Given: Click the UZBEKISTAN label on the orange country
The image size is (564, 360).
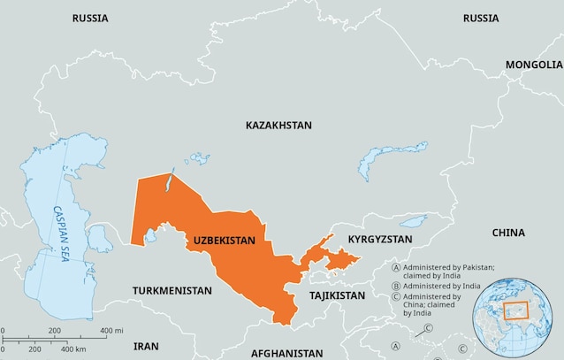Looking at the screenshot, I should click(x=224, y=240).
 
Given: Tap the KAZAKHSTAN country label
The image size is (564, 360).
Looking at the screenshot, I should click(x=278, y=126).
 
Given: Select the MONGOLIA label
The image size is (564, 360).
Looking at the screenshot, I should click(x=533, y=65).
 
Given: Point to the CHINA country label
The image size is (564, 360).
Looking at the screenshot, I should click(x=507, y=233).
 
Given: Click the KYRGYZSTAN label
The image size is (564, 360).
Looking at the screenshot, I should click(x=380, y=240).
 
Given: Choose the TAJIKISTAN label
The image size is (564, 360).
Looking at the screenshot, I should click(x=336, y=295).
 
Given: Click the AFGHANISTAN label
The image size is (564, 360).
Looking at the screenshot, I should click(x=286, y=352).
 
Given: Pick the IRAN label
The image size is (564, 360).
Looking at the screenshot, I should click(x=146, y=346).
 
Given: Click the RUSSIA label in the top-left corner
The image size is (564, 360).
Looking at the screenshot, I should click(x=90, y=18).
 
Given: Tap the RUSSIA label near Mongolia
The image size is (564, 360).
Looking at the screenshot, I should click(x=480, y=18).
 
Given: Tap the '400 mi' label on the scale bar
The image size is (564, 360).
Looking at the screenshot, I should click(x=111, y=330).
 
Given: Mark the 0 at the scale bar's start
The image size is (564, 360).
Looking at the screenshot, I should click(x=3, y=330).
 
